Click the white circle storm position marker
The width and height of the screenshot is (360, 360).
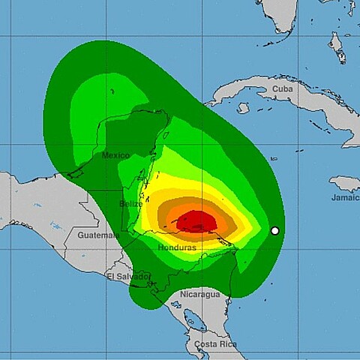[x=275, y=230]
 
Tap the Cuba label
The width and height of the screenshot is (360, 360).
[x=283, y=89]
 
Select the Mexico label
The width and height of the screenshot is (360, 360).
[x=115, y=155]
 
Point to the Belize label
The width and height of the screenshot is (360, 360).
[x=131, y=203]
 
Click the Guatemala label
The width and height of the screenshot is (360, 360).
[x=98, y=235]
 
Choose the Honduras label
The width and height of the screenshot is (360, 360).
[x=178, y=247]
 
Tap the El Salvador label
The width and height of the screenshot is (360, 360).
[x=122, y=277]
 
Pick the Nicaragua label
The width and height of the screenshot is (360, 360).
[x=200, y=294]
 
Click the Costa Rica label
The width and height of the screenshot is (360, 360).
[x=215, y=344]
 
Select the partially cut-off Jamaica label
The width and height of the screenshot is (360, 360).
[x=345, y=197]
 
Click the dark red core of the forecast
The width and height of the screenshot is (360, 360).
[x=196, y=220]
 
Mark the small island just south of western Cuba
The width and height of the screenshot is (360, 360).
[x=243, y=108]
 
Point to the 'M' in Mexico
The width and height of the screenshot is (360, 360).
[x=105, y=155]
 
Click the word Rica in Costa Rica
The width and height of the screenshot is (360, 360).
[x=226, y=344]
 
